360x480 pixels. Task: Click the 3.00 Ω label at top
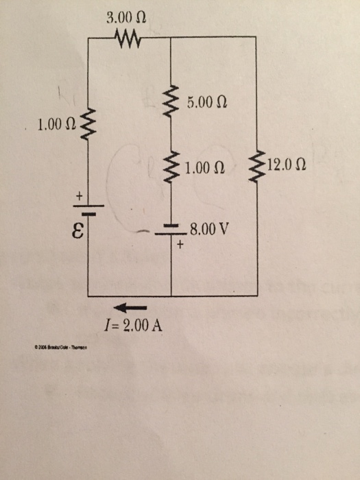pyautogui.click(x=127, y=16)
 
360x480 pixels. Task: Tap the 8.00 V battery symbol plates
pyautogui.click(x=170, y=230)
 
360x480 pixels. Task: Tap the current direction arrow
pyautogui.click(x=128, y=307)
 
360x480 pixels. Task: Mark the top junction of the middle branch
pyautogui.click(x=170, y=38)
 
